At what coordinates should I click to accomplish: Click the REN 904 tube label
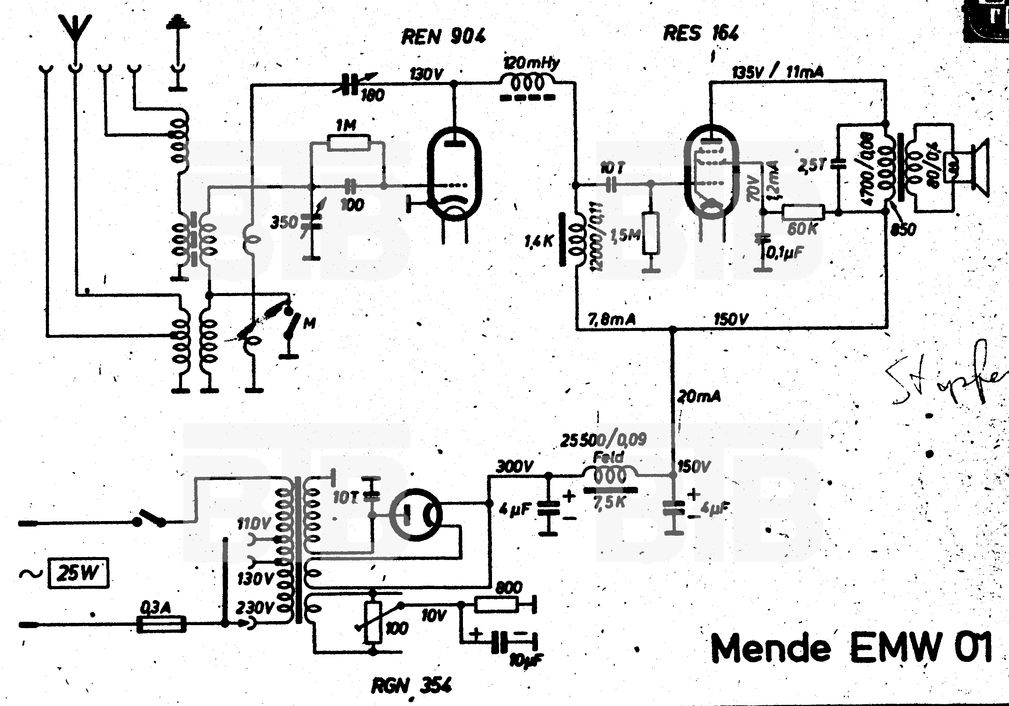pyautogui.click(x=443, y=36)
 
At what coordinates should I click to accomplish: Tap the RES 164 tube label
pyautogui.click(x=700, y=33)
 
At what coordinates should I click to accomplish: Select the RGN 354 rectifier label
pyautogui.click(x=411, y=686)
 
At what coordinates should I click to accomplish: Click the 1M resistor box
pyautogui.click(x=349, y=143)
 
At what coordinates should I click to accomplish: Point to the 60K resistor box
pyautogui.click(x=803, y=212)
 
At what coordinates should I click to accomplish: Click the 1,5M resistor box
pyautogui.click(x=650, y=233)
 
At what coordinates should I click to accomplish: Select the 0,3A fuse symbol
pyautogui.click(x=161, y=624)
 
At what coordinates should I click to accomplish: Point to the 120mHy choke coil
pyautogui.click(x=527, y=83)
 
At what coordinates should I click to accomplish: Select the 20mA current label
pyautogui.click(x=699, y=397)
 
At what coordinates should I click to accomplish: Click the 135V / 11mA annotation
pyautogui.click(x=777, y=72)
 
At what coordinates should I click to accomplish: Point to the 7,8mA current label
pyautogui.click(x=612, y=320)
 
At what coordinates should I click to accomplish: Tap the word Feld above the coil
pyautogui.click(x=609, y=457)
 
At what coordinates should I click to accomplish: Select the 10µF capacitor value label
pyautogui.click(x=526, y=660)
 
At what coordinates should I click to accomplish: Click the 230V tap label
pyautogui.click(x=255, y=608)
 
